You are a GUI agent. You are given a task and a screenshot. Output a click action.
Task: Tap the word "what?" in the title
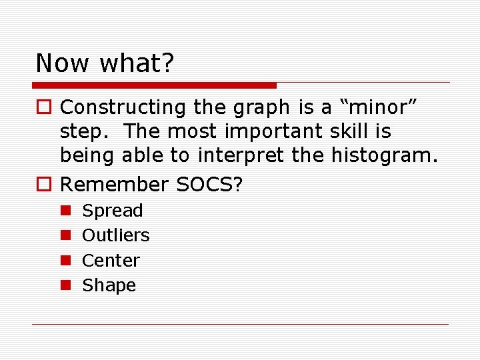point(137,63)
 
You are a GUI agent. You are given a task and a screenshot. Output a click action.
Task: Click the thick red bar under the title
point(155,85)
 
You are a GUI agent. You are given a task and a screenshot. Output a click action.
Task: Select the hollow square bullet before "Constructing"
point(45,107)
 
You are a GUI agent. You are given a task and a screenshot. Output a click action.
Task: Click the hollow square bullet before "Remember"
point(45,183)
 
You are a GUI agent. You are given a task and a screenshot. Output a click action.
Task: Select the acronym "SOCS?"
point(209,183)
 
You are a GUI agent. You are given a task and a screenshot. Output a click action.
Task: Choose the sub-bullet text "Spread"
point(112,211)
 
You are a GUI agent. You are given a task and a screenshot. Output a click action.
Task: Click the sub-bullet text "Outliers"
point(115,235)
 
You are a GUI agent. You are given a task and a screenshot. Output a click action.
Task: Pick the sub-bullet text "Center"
point(111,260)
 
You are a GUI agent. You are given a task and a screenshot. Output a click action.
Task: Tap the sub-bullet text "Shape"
point(109,285)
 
